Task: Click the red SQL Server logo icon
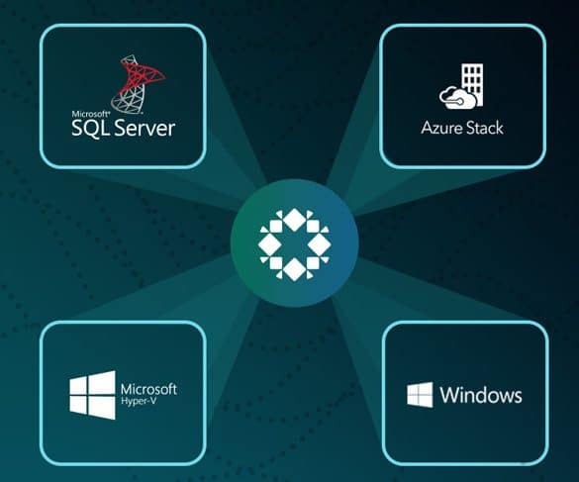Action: click(138, 84)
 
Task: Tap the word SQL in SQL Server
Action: click(91, 129)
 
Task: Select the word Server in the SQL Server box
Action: click(145, 128)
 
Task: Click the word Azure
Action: click(441, 128)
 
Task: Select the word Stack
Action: click(484, 128)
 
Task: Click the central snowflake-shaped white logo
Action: click(294, 244)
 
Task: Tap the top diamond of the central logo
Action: click(294, 220)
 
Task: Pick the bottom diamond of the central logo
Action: click(294, 269)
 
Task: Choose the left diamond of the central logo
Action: click(270, 244)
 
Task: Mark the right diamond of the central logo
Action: click(319, 244)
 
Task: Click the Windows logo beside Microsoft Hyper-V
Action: click(92, 395)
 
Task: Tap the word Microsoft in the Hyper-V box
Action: click(148, 389)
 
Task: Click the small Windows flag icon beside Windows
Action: click(420, 395)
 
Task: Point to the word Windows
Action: click(481, 395)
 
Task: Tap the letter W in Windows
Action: click(448, 395)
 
